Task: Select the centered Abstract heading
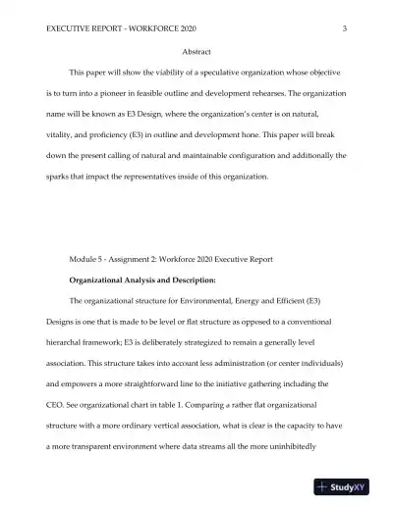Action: pyautogui.click(x=196, y=51)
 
